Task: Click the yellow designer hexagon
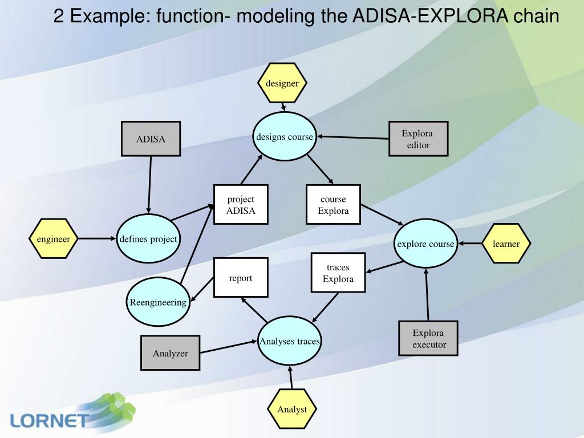point(282,83)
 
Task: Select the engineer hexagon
point(54,239)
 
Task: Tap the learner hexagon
point(506,244)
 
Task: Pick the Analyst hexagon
point(292,409)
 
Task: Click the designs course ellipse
point(285,136)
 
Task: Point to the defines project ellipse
point(148,239)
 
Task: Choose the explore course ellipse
point(425,244)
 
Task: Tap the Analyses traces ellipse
point(289,341)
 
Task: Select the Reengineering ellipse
point(158,302)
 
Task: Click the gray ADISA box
point(151,139)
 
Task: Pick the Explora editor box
point(418,139)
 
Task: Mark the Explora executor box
point(428,338)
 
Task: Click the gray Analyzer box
point(170,352)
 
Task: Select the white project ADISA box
point(241,205)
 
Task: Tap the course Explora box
point(333,205)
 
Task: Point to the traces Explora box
point(338,273)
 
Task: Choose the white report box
point(241,278)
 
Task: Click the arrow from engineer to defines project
point(97,238)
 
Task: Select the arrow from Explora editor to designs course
point(353,137)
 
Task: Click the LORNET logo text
point(50,420)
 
